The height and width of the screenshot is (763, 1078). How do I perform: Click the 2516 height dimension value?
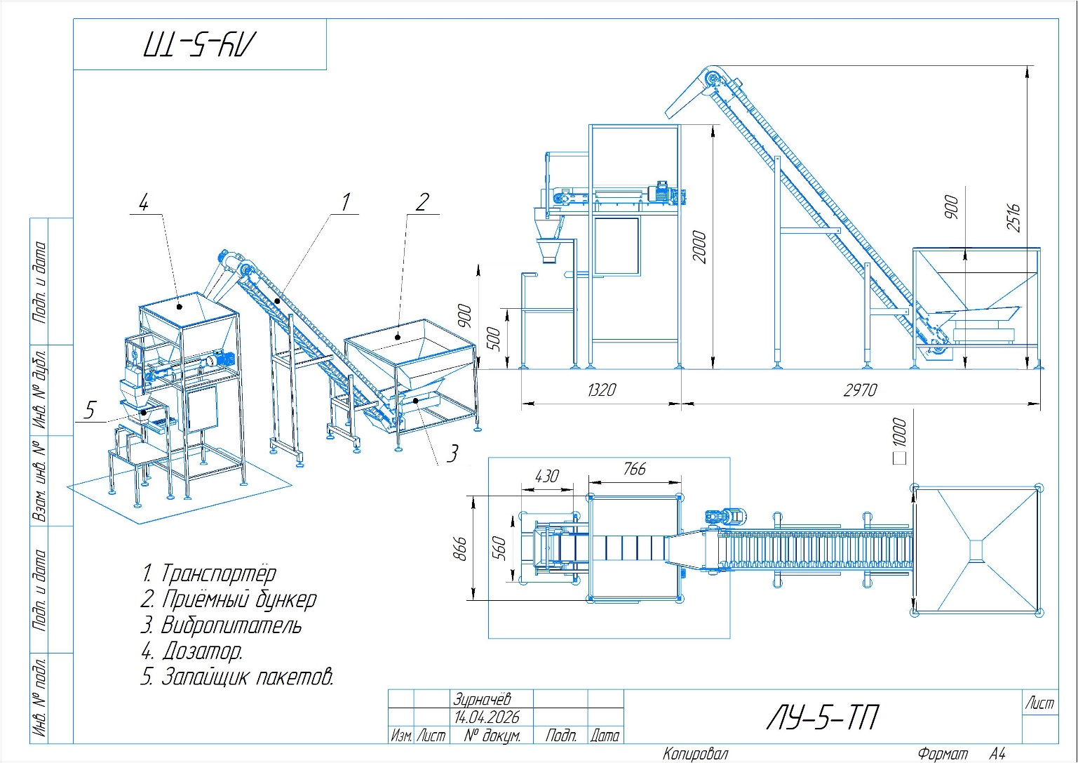(x=1013, y=218)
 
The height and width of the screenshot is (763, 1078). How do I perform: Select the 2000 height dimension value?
(x=699, y=248)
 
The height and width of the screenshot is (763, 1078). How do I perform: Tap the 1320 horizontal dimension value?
(x=602, y=390)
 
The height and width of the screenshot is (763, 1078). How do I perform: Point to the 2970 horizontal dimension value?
(x=861, y=390)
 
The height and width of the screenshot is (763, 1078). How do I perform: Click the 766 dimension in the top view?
(x=634, y=469)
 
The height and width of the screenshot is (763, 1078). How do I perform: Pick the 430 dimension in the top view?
(x=547, y=477)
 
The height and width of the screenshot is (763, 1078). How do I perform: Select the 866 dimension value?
(x=460, y=549)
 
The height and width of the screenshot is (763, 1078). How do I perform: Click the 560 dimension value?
(x=499, y=548)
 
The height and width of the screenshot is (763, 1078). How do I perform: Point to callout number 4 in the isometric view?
(x=143, y=202)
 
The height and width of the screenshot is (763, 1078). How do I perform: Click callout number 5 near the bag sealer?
(x=90, y=411)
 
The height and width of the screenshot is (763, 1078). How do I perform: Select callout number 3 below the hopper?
(x=452, y=453)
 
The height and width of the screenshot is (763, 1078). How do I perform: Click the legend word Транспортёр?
(x=219, y=573)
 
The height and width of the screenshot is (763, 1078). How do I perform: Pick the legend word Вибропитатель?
(x=231, y=625)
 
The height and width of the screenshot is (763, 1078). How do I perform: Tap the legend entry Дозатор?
(x=203, y=651)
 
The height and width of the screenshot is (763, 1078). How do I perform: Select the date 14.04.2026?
(x=487, y=717)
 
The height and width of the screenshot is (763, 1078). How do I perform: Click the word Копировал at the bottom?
(x=696, y=754)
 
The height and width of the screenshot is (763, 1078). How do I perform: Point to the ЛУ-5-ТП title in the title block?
(x=823, y=717)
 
